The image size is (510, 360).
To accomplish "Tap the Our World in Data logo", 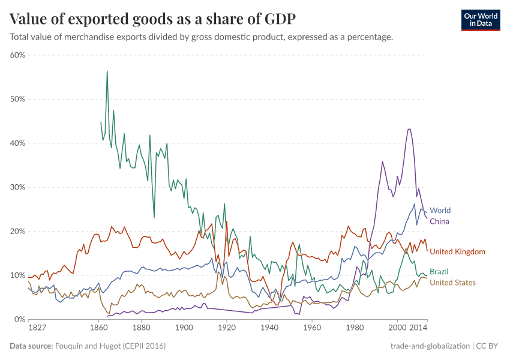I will [x=481, y=20].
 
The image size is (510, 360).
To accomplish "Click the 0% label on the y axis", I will [x=19, y=319].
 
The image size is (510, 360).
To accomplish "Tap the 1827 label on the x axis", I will [x=37, y=329].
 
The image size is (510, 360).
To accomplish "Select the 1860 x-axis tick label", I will [x=98, y=329].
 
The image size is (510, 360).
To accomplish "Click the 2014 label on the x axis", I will [x=418, y=329].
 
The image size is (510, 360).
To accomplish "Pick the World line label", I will [x=440, y=211].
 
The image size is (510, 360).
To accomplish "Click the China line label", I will [x=439, y=221].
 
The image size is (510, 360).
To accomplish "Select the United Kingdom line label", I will [x=457, y=251].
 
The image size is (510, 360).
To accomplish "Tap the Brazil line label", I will [x=439, y=272].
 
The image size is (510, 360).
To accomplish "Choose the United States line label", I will [x=452, y=283].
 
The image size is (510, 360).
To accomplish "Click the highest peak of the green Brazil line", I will [x=107, y=71].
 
